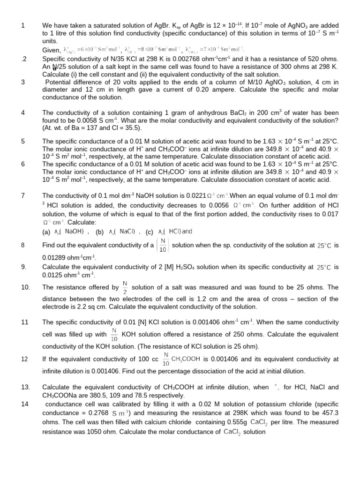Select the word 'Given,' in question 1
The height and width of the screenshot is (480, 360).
(51, 50)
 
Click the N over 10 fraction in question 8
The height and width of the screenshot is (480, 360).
(163, 245)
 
